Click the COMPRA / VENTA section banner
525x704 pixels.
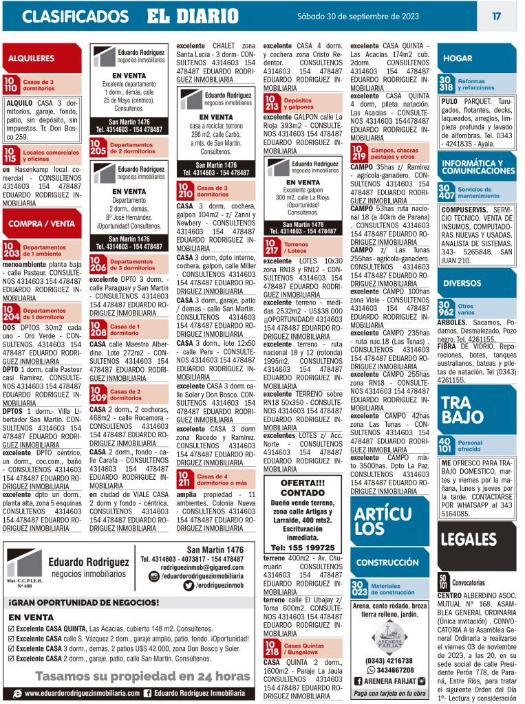click(x=41, y=223)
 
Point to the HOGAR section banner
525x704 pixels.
click(x=458, y=58)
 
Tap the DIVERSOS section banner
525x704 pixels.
click(x=462, y=283)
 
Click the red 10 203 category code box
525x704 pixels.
click(x=11, y=250)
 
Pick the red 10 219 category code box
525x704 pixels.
click(x=359, y=153)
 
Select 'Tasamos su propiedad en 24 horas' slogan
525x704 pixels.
click(x=142, y=676)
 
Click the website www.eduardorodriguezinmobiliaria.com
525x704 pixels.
click(x=83, y=694)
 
